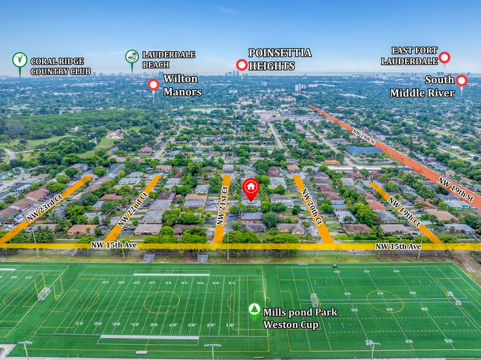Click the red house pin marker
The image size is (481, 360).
coord(251,188)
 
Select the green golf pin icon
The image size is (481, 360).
coord(20,61)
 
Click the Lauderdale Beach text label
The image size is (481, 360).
coord(169,59)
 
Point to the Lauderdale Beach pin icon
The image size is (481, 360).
coord(132,58)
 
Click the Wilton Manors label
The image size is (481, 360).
coord(182,86)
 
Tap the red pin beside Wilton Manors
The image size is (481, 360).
coord(153,85)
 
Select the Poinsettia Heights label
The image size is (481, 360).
coord(279,59)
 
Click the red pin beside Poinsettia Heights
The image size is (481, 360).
coord(241,65)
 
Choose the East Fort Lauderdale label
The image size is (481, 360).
coord(409,56)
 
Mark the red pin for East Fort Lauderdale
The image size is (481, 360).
coord(444,58)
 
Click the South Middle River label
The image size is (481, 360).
coord(423,86)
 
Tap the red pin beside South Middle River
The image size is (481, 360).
coord(461,81)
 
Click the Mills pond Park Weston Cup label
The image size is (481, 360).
coord(300,318)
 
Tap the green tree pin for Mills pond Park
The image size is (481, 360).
coord(254,311)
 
